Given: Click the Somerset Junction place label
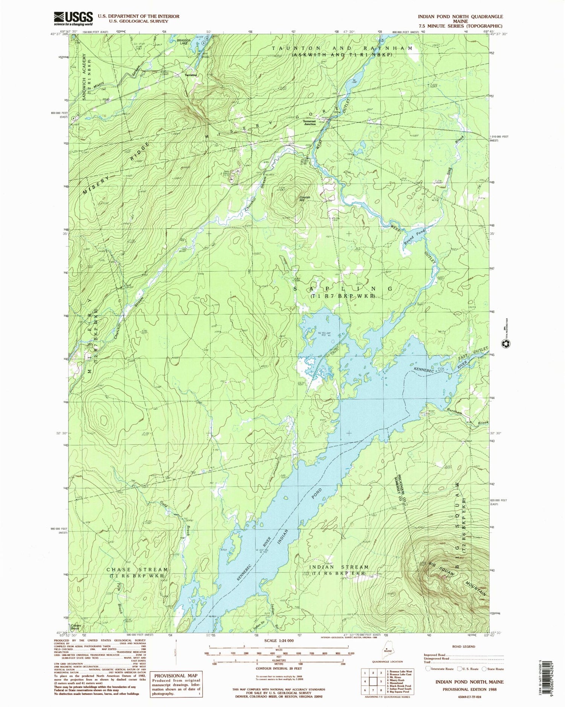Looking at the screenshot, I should click(310, 122).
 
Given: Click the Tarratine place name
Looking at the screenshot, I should click(191, 75).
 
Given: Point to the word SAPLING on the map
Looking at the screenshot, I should click(343, 289).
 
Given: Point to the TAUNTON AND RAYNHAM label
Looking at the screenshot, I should click(342, 49).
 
